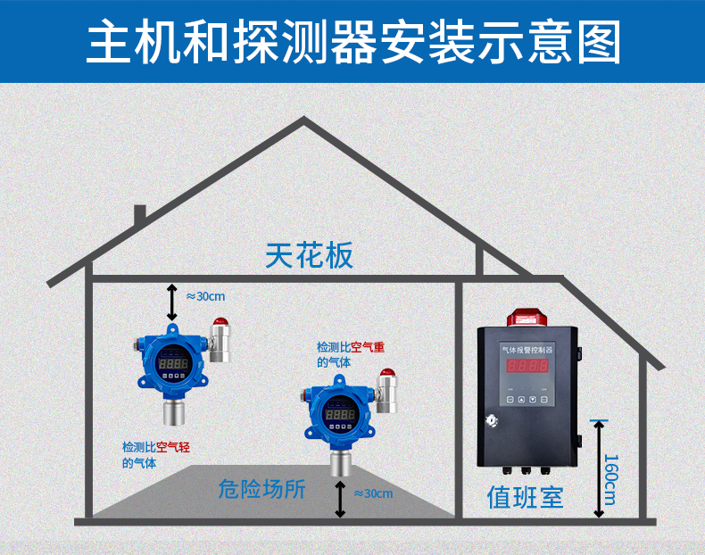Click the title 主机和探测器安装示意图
[x=352, y=41]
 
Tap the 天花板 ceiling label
[x=309, y=256]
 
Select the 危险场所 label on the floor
[x=261, y=489]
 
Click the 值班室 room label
[x=525, y=497]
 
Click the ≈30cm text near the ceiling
[x=205, y=296]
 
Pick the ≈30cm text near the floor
[x=373, y=493]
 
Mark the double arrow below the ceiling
[x=172, y=301]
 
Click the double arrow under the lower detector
[x=340, y=498]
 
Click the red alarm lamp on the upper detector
[x=218, y=325]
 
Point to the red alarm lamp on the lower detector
[x=386, y=375]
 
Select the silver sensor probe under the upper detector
[x=172, y=412]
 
